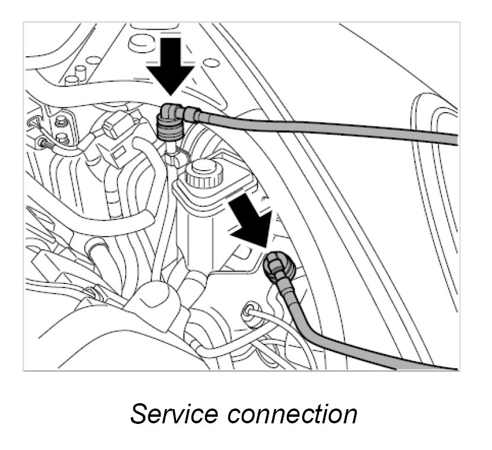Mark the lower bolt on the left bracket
click(62, 139)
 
